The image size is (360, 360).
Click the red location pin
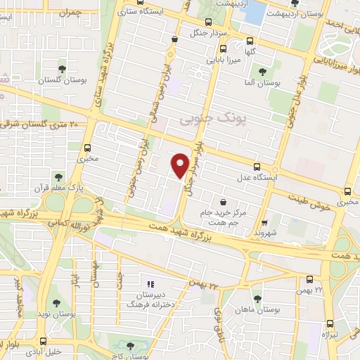[181, 165]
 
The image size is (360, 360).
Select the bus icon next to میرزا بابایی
[223, 49]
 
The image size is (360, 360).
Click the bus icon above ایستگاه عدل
[257, 167]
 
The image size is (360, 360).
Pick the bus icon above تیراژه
[330, 324]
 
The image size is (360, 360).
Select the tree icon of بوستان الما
[262, 71]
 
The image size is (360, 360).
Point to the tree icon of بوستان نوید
[56, 303]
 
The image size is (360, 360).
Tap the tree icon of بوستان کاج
[130, 345]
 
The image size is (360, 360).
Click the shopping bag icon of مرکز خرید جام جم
[223, 202]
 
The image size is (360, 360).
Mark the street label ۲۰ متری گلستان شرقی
[41, 124]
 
